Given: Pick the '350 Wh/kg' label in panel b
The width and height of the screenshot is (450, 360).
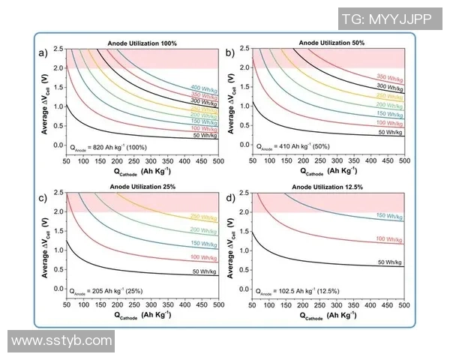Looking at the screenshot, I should click(389, 76).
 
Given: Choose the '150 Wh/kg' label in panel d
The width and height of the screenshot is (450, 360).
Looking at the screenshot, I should click(390, 215).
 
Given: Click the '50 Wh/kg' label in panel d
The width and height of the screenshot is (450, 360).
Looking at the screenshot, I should click(390, 262).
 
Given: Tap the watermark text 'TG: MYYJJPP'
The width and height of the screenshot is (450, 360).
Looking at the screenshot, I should click(397, 18).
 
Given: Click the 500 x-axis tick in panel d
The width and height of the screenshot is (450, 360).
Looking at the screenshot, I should click(403, 306).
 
